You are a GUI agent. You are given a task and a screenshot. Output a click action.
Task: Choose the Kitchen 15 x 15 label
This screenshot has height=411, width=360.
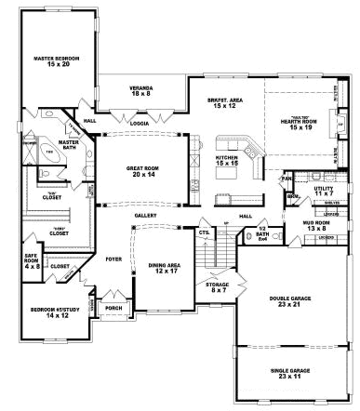229,161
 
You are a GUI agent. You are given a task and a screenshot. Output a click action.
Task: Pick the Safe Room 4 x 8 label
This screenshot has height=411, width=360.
31,261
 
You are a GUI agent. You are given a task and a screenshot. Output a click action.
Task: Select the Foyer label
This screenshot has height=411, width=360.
113,259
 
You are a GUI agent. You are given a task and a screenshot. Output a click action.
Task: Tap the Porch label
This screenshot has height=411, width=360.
113,307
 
